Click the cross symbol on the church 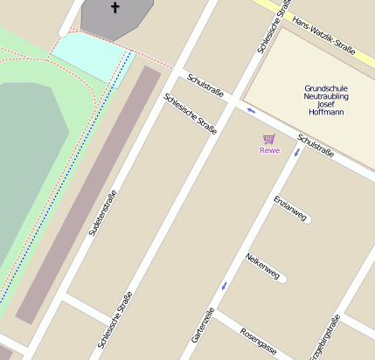(115, 8)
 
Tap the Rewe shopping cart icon (269, 139)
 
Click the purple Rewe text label (269, 150)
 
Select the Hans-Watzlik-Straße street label (324, 36)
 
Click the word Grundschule (326, 89)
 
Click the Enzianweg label (291, 210)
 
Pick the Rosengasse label (259, 343)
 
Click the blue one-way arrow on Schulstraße (251, 110)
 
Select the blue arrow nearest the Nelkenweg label (225, 285)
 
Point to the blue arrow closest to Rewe (297, 153)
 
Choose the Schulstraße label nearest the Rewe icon (316, 146)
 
